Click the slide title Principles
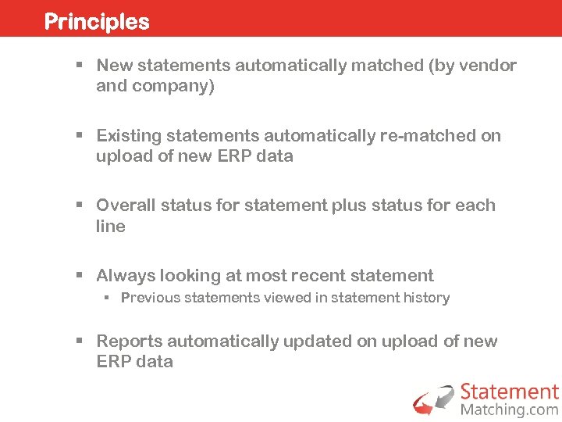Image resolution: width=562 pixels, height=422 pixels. tap(97, 21)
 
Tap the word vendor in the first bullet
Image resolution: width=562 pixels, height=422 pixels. tap(490, 66)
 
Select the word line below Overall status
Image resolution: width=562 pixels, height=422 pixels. tap(111, 227)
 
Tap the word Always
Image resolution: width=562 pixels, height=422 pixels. tap(126, 276)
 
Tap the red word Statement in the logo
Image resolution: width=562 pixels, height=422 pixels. tap(509, 392)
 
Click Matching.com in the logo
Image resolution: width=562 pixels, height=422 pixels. tap(509, 409)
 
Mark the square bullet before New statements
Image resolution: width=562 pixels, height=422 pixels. tap(79, 66)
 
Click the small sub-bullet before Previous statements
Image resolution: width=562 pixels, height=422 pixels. tap(108, 299)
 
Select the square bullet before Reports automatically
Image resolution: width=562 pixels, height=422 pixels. tap(79, 342)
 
